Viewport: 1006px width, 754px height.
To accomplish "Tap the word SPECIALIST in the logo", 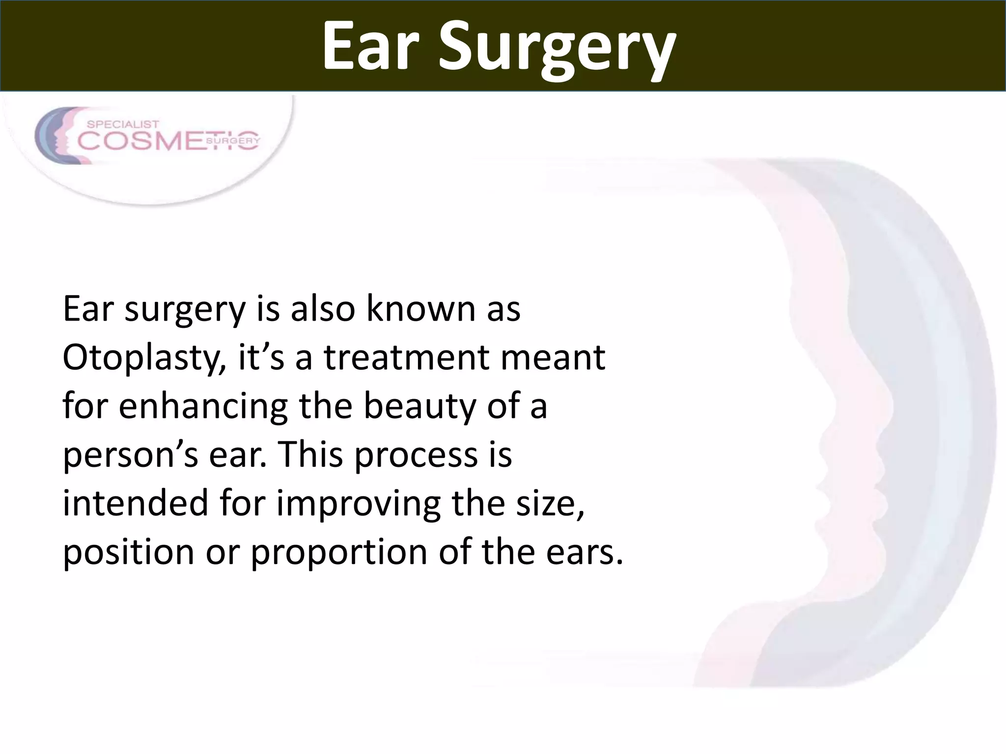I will point(123,125).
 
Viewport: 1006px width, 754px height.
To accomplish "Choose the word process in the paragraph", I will point(416,456).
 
